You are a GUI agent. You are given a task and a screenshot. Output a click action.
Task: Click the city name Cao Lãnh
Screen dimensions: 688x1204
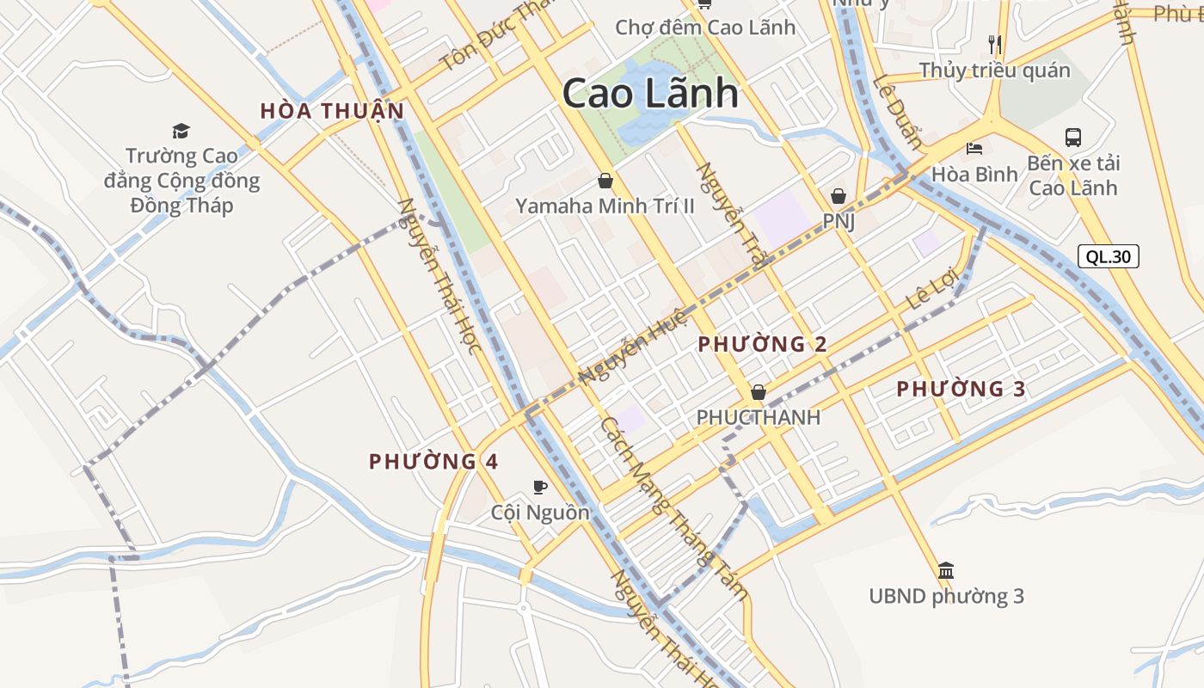click(650, 94)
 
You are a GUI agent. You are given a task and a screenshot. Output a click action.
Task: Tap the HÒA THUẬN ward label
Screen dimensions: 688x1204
click(332, 111)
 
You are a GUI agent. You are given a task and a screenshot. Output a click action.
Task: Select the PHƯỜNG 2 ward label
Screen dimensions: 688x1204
click(762, 345)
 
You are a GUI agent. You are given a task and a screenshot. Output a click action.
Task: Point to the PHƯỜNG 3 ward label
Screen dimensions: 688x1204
click(961, 390)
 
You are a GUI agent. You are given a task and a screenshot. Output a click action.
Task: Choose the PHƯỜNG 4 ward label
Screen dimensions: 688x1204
click(433, 462)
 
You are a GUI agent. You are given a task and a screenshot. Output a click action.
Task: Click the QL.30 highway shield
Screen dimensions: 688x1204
click(1109, 256)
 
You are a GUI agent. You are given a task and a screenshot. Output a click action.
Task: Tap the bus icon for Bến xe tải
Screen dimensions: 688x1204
click(1073, 137)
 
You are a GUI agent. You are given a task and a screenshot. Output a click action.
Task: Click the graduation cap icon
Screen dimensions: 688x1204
click(181, 131)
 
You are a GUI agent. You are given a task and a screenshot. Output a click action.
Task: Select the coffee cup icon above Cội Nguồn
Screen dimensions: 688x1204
click(540, 487)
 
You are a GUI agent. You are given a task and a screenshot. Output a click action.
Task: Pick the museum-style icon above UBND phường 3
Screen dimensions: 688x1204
click(946, 569)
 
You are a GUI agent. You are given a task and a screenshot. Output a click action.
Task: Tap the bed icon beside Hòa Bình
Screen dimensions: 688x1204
click(974, 149)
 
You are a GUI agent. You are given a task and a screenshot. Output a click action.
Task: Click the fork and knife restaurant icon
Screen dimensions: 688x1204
click(994, 44)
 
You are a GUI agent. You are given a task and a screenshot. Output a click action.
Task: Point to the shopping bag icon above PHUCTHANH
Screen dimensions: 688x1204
click(758, 392)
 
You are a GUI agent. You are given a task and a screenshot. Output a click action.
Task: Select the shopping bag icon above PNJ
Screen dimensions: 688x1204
click(838, 196)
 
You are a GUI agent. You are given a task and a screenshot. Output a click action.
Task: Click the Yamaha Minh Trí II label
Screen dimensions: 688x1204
click(605, 206)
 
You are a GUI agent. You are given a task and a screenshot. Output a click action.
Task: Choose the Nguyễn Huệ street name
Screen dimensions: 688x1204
click(634, 346)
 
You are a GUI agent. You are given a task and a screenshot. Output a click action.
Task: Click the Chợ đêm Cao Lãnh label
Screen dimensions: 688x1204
click(705, 28)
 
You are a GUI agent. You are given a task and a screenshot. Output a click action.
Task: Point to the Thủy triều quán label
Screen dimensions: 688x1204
click(994, 71)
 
